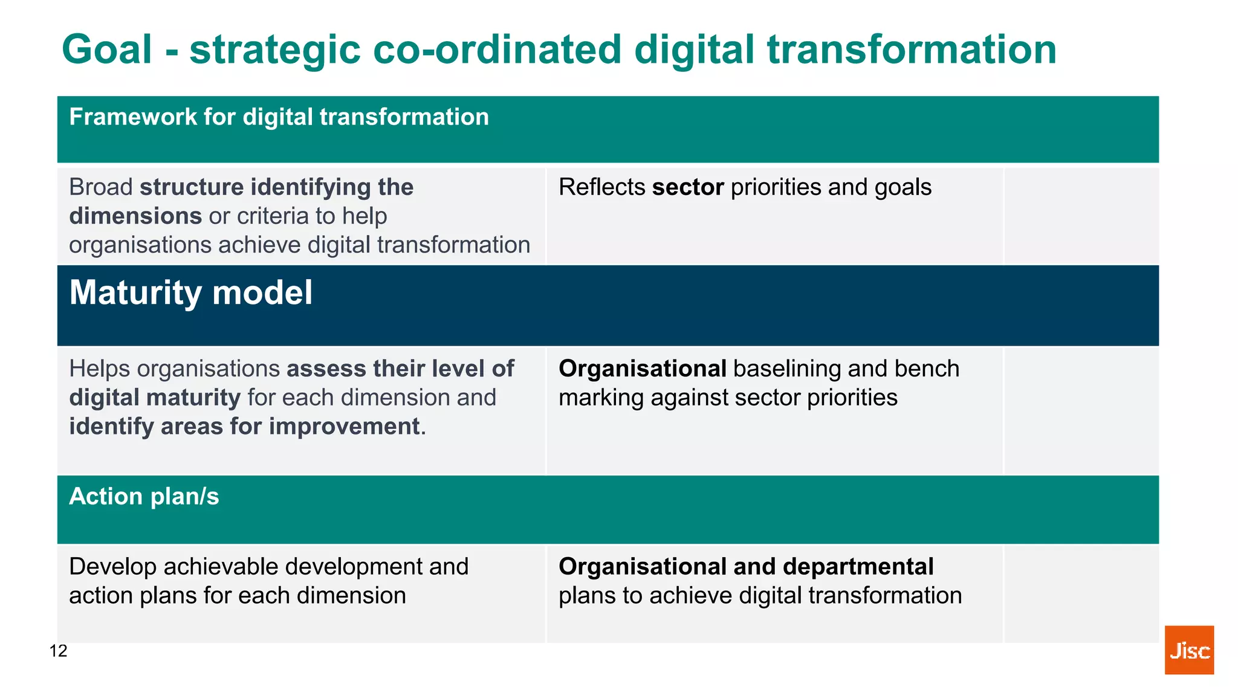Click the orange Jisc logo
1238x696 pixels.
tap(1188, 649)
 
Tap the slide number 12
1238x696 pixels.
tap(58, 651)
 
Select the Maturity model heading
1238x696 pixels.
tap(190, 293)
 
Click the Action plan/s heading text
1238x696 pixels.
tap(144, 497)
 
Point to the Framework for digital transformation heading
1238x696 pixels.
tap(279, 117)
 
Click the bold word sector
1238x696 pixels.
tap(688, 187)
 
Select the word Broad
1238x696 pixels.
tap(100, 187)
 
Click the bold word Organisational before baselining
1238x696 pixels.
tap(642, 369)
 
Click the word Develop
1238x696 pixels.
tap(112, 567)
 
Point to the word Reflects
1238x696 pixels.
tap(601, 187)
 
